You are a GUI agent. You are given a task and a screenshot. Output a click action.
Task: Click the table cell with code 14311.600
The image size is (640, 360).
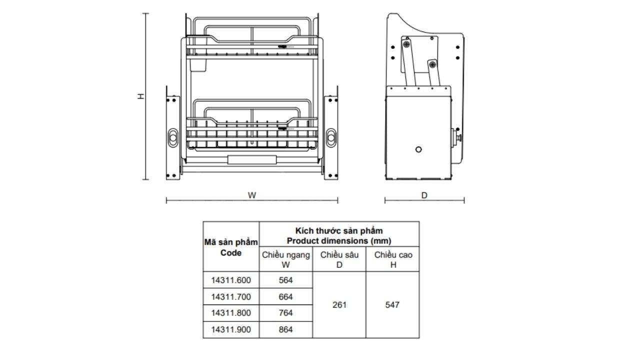coord(231,280)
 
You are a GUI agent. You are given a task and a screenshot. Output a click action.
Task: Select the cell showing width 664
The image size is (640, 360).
coord(285,296)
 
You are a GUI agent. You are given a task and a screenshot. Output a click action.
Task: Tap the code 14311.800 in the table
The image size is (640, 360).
coord(231,313)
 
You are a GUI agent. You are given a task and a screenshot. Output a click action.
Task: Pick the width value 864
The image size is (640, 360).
coord(285,329)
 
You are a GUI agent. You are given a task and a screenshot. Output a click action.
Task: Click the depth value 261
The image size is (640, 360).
coord(339,304)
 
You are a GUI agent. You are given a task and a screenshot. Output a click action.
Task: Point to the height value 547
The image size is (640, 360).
coord(392,304)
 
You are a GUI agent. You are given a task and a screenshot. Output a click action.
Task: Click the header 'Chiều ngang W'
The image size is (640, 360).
coord(285,259)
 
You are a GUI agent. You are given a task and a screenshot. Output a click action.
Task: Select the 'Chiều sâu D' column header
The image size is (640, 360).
coord(339,259)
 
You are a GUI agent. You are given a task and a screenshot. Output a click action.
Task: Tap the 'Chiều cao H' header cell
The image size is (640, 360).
coord(392,259)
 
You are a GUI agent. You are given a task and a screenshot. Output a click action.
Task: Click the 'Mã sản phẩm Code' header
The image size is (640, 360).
coord(231,247)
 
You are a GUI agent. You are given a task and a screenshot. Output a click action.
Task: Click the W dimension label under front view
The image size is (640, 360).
coord(252,195)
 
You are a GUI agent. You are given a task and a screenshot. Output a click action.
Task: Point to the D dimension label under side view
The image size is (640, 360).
coord(424,195)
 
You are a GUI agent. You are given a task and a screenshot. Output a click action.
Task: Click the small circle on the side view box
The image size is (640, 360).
coord(418,149)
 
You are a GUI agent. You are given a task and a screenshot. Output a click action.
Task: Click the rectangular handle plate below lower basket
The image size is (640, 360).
coord(252,160)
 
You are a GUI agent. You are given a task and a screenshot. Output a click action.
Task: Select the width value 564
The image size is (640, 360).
coord(285,280)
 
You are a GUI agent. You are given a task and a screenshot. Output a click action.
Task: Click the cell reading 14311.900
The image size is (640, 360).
coord(231,329)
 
